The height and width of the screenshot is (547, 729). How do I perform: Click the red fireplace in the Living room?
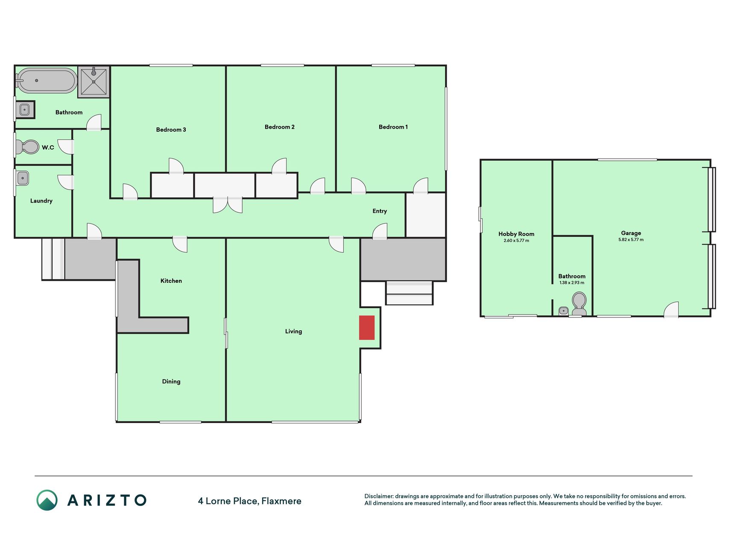point(366,328)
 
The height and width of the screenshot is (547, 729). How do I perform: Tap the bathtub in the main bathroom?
point(47,80)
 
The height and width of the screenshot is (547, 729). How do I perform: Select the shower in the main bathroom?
point(94,82)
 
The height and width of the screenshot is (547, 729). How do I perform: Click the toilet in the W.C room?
point(26,147)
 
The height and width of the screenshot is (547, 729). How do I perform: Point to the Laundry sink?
point(22,178)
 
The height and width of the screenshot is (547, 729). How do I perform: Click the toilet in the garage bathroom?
point(579,304)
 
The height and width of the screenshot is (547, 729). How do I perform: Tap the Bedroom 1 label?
point(393,127)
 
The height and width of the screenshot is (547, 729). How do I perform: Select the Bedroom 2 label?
point(279,127)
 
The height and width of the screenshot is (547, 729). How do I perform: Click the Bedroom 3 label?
point(171,130)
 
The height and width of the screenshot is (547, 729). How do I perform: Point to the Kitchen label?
point(171,281)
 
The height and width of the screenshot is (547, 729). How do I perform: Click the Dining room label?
point(171,382)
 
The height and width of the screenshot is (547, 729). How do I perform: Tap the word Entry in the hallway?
point(380,211)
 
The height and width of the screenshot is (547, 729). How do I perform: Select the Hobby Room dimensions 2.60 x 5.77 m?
point(516,241)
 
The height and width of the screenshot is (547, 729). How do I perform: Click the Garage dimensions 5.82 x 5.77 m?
point(631,240)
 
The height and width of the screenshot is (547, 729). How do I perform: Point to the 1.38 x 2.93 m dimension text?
point(572,283)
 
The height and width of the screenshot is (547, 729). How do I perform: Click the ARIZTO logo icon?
point(47,500)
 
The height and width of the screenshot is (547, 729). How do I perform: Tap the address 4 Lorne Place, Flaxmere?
point(249,501)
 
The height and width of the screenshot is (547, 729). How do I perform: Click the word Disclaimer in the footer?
point(378,496)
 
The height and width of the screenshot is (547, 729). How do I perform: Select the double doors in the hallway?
point(228,205)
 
